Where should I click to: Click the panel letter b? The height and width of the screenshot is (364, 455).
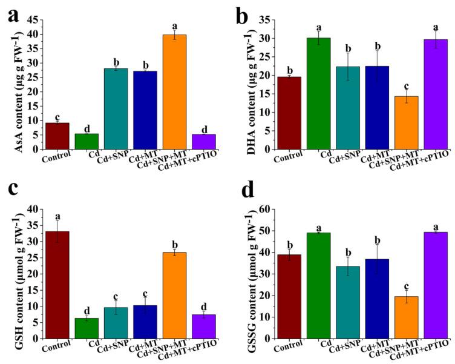point(242,16)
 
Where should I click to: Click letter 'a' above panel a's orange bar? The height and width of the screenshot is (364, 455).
point(174,26)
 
